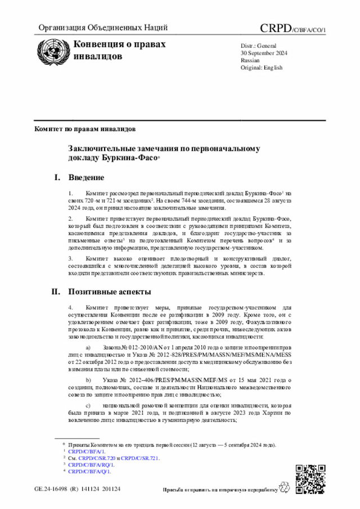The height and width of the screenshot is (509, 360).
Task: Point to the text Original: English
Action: point(262,67)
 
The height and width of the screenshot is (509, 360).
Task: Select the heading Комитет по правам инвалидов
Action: point(84,129)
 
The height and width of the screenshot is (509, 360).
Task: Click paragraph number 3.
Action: point(71,258)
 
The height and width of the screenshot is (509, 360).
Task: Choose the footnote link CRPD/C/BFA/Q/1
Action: point(89,471)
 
